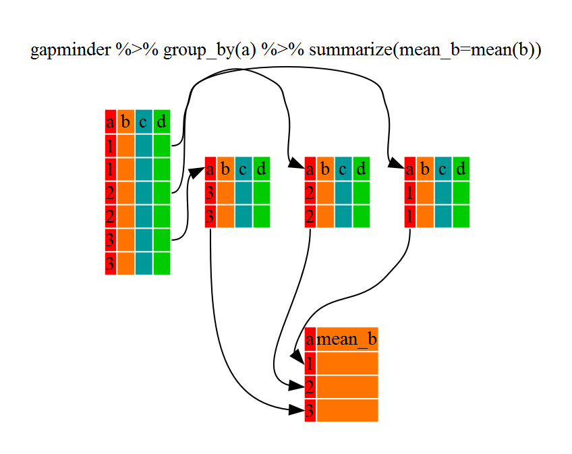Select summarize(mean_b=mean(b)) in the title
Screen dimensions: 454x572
point(425,51)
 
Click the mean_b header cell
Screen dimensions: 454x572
point(347,339)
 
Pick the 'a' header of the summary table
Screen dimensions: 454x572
point(310,339)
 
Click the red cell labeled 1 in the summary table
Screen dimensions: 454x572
point(310,364)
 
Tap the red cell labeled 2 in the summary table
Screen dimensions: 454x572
point(310,387)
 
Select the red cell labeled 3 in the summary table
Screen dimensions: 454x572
point(310,410)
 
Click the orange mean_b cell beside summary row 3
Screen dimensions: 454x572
point(347,410)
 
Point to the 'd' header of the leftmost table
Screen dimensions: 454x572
point(161,122)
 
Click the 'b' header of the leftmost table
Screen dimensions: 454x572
point(125,122)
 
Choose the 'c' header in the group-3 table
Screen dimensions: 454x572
point(243,169)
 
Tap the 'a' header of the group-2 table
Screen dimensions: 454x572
point(310,169)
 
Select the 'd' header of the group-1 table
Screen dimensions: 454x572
point(461,169)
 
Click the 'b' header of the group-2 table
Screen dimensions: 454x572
point(325,169)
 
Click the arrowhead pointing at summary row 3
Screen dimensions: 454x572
point(297,409)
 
